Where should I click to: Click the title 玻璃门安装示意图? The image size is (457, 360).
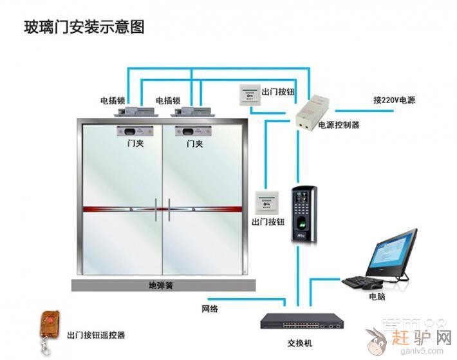(84, 27)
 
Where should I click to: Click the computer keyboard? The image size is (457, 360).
(362, 281)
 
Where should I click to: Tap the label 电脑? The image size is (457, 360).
(377, 297)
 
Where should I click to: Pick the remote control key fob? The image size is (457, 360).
(47, 325)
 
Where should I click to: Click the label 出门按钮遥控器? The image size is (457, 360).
(96, 336)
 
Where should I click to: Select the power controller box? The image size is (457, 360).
(312, 109)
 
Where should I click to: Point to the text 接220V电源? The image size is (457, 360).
(394, 100)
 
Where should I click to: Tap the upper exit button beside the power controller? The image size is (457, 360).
(249, 95)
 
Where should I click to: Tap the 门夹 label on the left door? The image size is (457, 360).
(135, 144)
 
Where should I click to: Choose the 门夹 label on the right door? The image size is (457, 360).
(195, 144)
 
